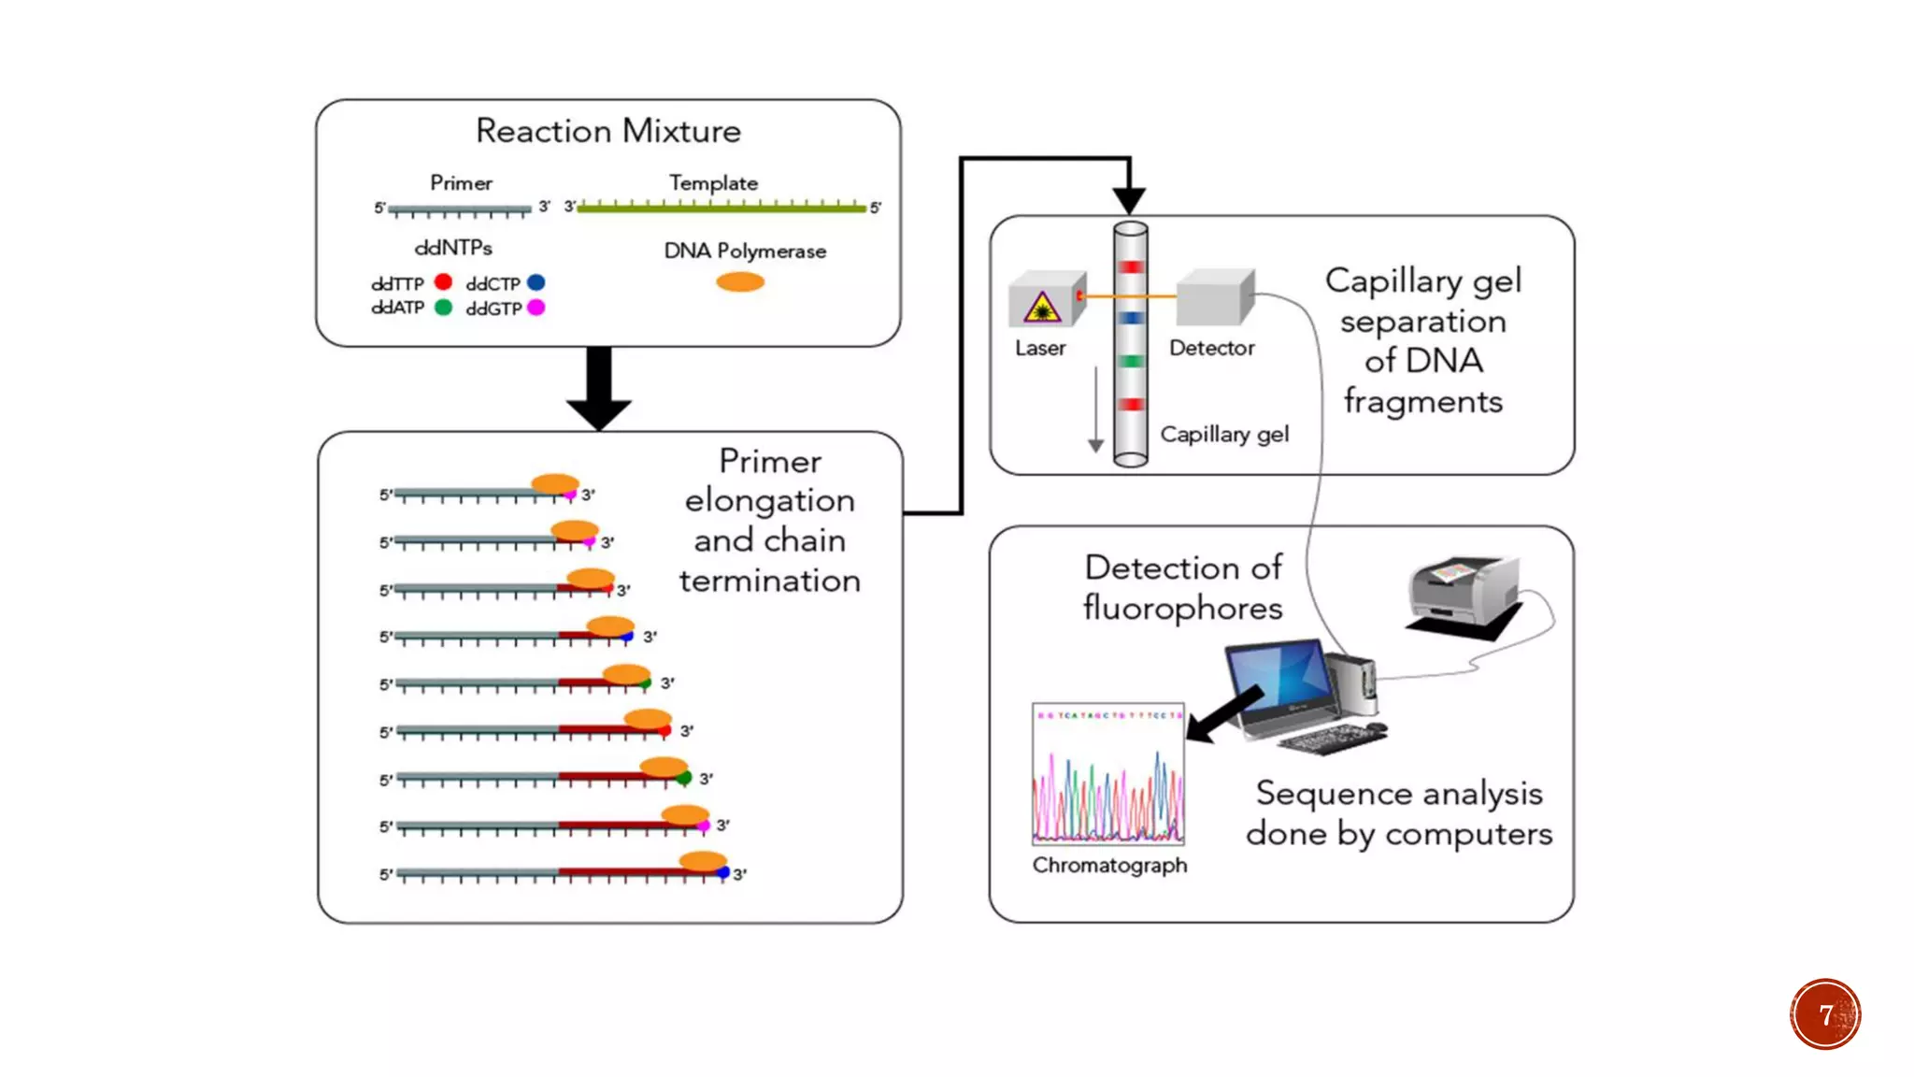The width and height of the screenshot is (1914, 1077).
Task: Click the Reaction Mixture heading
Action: (607, 131)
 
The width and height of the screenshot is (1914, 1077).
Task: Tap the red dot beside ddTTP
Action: (443, 281)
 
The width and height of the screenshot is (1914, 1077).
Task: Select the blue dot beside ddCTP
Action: (536, 281)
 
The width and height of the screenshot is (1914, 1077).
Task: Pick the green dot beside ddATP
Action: (443, 307)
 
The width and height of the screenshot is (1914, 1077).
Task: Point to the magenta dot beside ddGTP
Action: (536, 307)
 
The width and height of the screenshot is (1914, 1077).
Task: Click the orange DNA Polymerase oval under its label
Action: (740, 281)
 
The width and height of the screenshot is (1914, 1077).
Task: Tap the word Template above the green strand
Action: (713, 183)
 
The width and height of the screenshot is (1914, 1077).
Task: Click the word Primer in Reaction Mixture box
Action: (461, 183)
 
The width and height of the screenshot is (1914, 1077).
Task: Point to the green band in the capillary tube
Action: (1131, 361)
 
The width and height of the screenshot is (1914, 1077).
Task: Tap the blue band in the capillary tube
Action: (1131, 318)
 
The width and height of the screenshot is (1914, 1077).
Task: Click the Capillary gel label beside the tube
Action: (1224, 434)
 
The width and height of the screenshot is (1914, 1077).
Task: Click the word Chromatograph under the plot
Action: (1109, 866)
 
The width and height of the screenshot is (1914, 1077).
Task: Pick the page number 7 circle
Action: (1825, 1014)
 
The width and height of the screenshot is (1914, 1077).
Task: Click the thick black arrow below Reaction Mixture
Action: (599, 388)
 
